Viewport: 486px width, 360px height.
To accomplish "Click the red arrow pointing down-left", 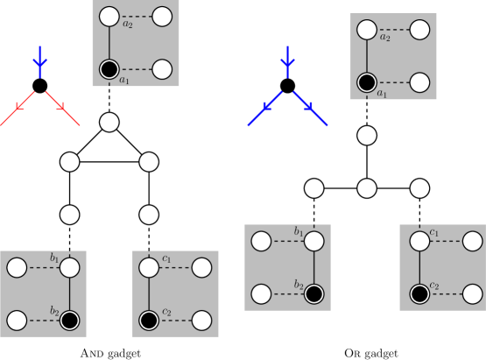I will click(18, 108).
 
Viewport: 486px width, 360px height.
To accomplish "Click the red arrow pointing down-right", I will click(61, 108).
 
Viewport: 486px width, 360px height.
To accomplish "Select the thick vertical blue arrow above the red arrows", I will click(39, 61).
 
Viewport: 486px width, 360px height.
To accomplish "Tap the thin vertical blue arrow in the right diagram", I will click(287, 61).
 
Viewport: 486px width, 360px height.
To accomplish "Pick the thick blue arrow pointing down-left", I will click(265, 108).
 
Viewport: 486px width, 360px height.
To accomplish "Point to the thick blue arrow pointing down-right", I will click(310, 108).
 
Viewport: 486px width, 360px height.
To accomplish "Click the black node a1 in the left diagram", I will click(109, 69).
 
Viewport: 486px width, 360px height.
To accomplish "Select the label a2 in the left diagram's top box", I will click(128, 25).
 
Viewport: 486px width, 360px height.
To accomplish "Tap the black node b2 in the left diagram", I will click(70, 321).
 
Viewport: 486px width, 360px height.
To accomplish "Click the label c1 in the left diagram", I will click(166, 258).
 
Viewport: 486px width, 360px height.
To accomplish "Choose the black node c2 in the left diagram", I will click(149, 321).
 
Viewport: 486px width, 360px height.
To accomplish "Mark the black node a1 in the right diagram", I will click(367, 82).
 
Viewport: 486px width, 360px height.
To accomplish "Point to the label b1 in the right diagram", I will click(299, 232).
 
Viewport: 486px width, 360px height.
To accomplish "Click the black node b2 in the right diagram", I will click(314, 293).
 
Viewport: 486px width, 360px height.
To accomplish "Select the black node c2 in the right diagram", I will click(419, 293).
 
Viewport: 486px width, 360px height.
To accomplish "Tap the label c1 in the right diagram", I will click(434, 232).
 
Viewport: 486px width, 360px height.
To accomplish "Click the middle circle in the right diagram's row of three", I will click(367, 188).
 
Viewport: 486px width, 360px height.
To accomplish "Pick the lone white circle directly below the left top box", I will click(109, 122).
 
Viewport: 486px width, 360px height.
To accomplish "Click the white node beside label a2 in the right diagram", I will click(367, 30).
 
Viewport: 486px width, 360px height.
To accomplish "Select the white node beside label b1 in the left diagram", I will click(70, 267).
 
